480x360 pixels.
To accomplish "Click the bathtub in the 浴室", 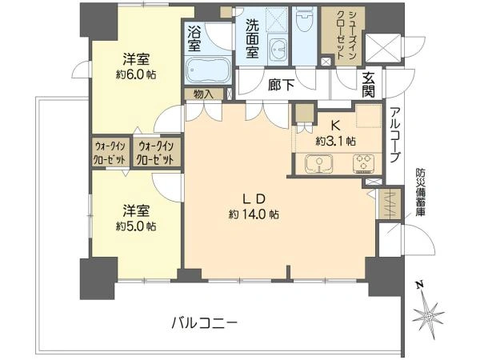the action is point(208,70).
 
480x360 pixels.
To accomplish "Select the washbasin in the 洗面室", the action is point(278,49).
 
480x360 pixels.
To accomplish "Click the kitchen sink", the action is point(318,163).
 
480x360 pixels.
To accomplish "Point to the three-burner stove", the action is point(363,162).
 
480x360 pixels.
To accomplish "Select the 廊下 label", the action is point(281,85).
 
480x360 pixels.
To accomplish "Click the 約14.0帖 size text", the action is point(254,214).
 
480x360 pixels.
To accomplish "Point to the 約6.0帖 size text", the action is point(136,74).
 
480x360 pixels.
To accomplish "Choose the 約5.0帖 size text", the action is point(136,226).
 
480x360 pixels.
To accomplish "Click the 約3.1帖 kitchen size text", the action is point(336,141).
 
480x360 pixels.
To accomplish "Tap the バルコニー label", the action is point(204,322).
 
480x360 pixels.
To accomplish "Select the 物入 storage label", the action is point(203,94).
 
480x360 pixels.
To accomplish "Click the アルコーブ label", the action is point(395,135).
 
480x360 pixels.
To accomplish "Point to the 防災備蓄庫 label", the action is point(419,192).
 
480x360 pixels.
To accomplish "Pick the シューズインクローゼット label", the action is point(346,34).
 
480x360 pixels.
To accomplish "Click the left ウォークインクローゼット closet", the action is point(110,153).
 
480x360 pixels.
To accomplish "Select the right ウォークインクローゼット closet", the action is point(156,153).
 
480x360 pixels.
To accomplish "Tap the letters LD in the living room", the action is point(254,199).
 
